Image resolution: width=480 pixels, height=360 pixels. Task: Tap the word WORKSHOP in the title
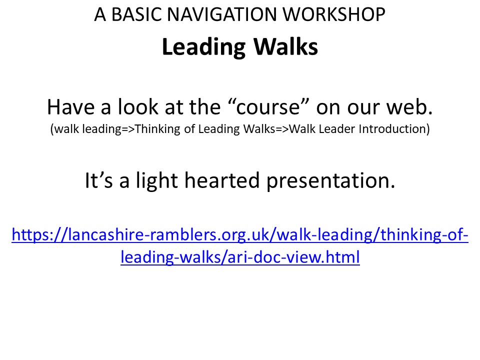(x=333, y=14)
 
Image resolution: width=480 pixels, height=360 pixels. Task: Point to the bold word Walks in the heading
(x=286, y=47)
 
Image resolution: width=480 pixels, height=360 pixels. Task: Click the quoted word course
(x=269, y=107)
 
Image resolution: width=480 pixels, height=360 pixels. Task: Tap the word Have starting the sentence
(x=70, y=107)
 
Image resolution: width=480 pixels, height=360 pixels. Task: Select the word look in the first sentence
(x=138, y=106)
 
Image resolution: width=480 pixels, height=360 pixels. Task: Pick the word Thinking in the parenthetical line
(x=157, y=129)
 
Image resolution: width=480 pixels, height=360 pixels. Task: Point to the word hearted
(x=222, y=180)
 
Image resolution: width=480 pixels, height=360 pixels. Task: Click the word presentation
(x=330, y=181)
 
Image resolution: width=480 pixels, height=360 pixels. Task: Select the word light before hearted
(x=156, y=181)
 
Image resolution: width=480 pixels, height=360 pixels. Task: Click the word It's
(x=98, y=180)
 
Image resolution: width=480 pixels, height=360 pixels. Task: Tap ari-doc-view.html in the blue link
(x=293, y=257)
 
